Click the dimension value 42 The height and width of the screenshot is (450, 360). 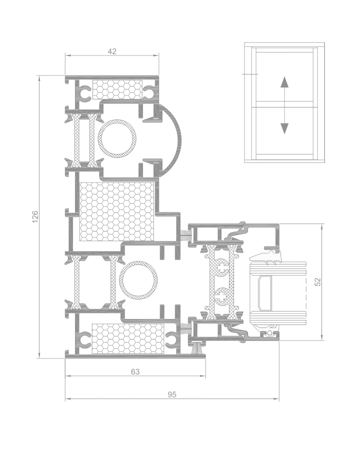point(112,51)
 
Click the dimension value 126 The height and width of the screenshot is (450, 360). point(34,216)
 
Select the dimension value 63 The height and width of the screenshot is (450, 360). point(135,371)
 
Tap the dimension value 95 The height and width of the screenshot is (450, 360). point(172,394)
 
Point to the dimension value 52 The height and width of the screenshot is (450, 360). point(318,282)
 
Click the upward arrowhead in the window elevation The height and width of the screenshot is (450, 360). point(284,81)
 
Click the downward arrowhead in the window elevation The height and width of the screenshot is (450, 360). point(284,128)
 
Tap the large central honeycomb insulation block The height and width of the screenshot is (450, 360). point(116,211)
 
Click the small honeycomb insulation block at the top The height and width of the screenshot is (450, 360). point(117,89)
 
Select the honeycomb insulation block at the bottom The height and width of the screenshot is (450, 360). point(128,338)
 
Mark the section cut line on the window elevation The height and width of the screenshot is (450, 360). point(250,74)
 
